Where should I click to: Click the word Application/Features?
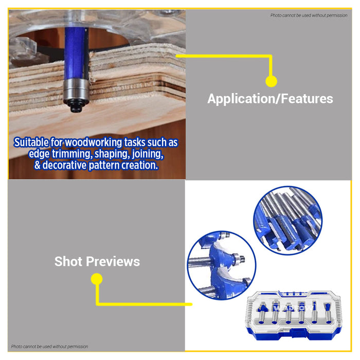click(270, 99)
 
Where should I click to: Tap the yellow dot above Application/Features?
click(271, 81)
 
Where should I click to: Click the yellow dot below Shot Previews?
click(97, 279)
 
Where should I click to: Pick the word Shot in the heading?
click(68, 261)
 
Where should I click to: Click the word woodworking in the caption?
click(94, 142)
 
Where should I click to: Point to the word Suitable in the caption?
click(31, 142)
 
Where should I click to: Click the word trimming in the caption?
click(72, 154)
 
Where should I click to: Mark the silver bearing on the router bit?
click(76, 92)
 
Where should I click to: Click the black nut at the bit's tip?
click(76, 107)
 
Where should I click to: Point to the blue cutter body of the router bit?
click(76, 53)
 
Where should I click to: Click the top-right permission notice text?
click(309, 15)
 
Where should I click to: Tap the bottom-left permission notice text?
click(49, 347)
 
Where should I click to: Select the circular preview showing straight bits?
click(287, 221)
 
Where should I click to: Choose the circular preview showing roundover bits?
click(222, 265)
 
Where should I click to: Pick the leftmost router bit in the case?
click(261, 313)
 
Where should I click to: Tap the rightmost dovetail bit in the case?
click(328, 313)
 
